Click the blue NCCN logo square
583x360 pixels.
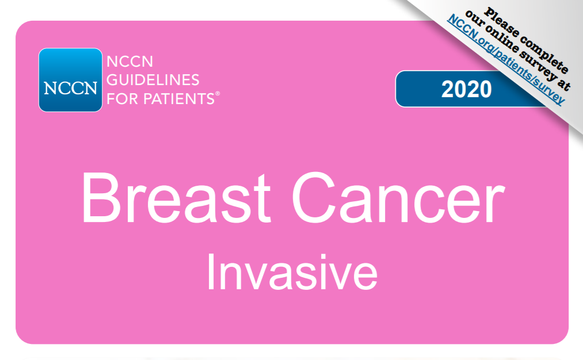click(x=70, y=80)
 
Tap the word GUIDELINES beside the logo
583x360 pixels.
click(x=153, y=80)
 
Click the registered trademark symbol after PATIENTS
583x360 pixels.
click(x=218, y=94)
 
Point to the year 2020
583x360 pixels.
click(x=467, y=89)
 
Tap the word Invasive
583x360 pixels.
click(x=292, y=273)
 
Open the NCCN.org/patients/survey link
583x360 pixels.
click(x=506, y=59)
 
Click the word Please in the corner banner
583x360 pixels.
click(x=501, y=23)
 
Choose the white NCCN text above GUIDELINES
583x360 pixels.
click(x=129, y=62)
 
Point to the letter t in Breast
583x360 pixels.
click(x=262, y=201)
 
